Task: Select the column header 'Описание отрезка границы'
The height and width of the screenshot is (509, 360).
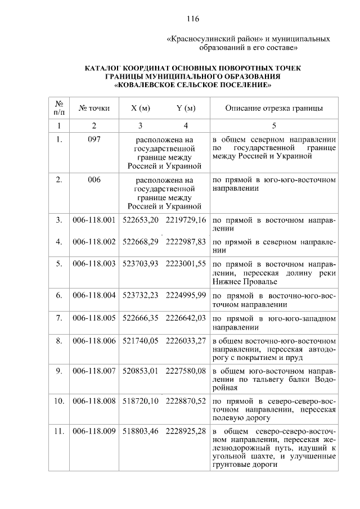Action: pyautogui.click(x=273, y=108)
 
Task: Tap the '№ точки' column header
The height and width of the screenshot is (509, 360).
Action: pyautogui.click(x=94, y=108)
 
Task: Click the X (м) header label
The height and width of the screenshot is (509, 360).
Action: pyautogui.click(x=140, y=108)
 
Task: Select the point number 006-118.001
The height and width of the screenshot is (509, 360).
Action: pyautogui.click(x=94, y=220)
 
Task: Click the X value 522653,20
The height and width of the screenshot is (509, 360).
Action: pyautogui.click(x=141, y=220)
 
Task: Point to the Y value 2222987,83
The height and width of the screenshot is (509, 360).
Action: pyautogui.click(x=186, y=241)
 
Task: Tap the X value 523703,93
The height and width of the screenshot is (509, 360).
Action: pyautogui.click(x=141, y=263)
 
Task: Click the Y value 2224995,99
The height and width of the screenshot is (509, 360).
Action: pyautogui.click(x=186, y=295)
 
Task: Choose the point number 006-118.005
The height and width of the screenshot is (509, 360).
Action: pyautogui.click(x=94, y=318)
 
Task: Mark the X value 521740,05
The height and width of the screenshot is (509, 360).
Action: pyautogui.click(x=141, y=340)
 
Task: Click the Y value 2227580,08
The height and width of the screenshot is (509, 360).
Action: pyautogui.click(x=186, y=371)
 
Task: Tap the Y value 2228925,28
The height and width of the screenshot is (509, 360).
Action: pyautogui.click(x=186, y=431)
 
